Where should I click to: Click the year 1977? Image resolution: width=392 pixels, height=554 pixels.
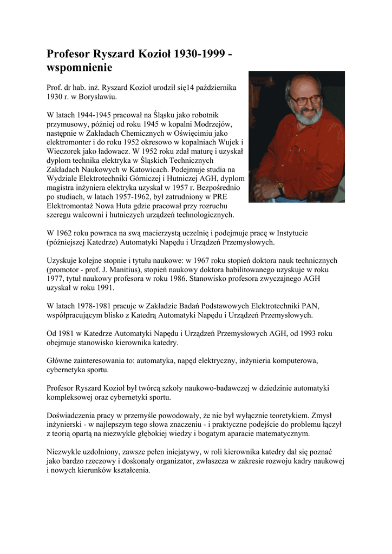(x=56, y=279)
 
